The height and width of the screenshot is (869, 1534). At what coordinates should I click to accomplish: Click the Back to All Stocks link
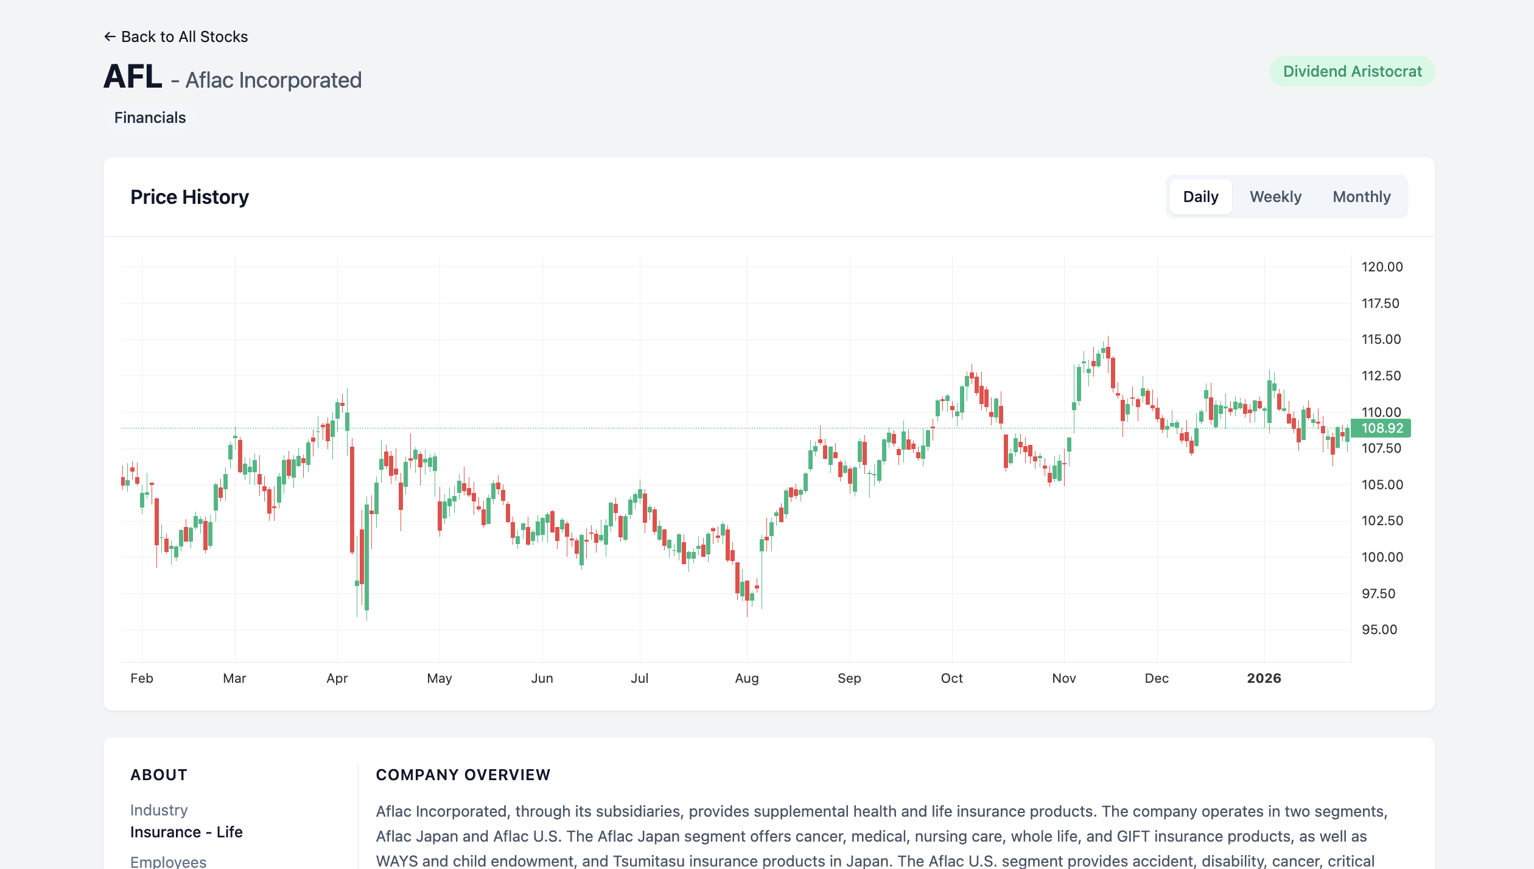coord(176,37)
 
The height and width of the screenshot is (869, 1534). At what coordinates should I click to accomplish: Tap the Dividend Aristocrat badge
coord(1352,72)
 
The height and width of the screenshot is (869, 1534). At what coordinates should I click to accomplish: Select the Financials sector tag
coord(150,117)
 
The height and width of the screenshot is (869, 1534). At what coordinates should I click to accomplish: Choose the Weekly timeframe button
coord(1275,197)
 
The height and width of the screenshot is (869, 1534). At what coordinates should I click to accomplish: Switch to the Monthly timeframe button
coord(1361,197)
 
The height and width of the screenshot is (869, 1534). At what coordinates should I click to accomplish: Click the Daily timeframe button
coord(1200,197)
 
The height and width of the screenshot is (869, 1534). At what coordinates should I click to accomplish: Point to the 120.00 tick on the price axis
coord(1382,267)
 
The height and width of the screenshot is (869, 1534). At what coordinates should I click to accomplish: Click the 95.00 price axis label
coord(1379,629)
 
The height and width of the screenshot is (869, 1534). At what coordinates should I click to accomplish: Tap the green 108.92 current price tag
coord(1381,428)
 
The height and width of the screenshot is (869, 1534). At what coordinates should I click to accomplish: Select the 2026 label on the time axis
coord(1264,678)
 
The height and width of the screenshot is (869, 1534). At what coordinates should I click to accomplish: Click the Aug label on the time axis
coord(747,678)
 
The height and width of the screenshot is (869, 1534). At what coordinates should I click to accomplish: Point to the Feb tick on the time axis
coord(142,678)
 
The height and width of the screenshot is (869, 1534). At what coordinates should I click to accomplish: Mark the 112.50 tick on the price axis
coord(1381,375)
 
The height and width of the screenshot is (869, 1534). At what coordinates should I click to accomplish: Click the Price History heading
coord(189,197)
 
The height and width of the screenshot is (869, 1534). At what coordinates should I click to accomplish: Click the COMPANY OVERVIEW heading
coord(463,775)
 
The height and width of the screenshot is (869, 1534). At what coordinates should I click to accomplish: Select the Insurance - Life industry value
coord(186,832)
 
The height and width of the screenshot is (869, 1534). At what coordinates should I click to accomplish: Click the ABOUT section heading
coord(159,775)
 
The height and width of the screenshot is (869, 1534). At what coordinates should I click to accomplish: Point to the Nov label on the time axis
coord(1064,678)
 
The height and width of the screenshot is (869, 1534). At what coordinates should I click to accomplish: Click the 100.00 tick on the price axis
coord(1382,557)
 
